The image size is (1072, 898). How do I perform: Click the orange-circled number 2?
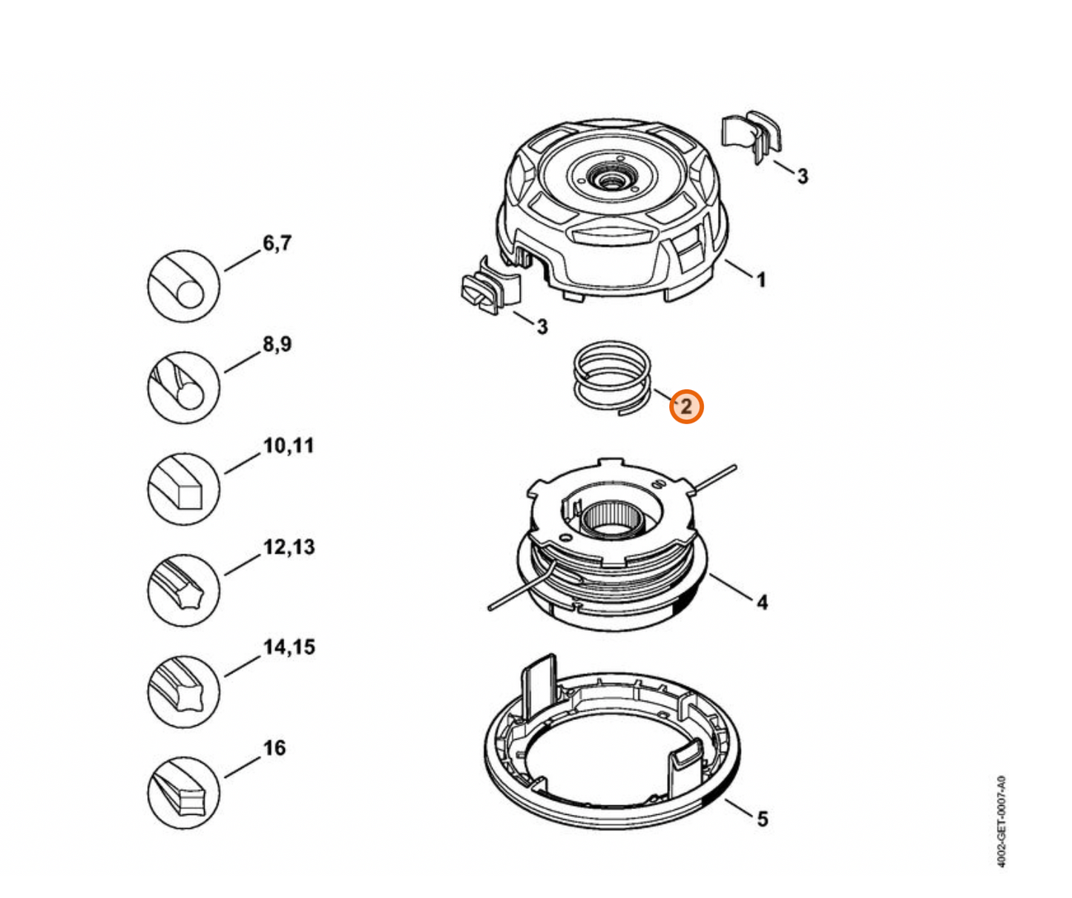tap(685, 406)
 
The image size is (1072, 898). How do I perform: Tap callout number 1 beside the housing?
tap(760, 280)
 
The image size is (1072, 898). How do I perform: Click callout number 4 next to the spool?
tap(762, 602)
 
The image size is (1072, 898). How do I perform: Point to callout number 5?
tap(762, 819)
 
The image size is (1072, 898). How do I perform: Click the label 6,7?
tap(277, 243)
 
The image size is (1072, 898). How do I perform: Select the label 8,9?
tap(277, 344)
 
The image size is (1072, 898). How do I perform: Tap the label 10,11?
tap(289, 446)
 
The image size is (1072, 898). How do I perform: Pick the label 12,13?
tap(289, 547)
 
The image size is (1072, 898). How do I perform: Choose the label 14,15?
tap(289, 647)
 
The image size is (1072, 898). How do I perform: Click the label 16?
tap(274, 747)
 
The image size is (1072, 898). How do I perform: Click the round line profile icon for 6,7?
tap(184, 286)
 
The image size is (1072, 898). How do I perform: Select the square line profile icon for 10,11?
tap(184, 489)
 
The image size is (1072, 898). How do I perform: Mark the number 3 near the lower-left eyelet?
tap(542, 326)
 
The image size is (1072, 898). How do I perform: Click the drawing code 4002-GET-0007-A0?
tap(1001, 821)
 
